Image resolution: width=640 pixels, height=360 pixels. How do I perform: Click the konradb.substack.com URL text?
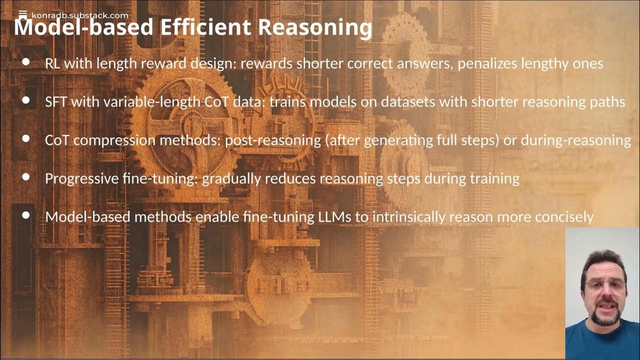[79, 15]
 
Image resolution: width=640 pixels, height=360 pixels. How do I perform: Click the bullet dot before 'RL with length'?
[26, 62]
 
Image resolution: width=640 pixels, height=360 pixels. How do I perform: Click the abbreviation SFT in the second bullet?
[56, 101]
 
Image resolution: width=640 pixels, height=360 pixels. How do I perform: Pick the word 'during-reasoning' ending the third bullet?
[575, 140]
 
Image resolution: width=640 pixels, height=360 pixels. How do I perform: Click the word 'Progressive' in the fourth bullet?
[76, 178]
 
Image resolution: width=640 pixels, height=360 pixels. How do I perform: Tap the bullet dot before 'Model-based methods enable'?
[26, 215]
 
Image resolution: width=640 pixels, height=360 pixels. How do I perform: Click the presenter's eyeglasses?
[605, 285]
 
